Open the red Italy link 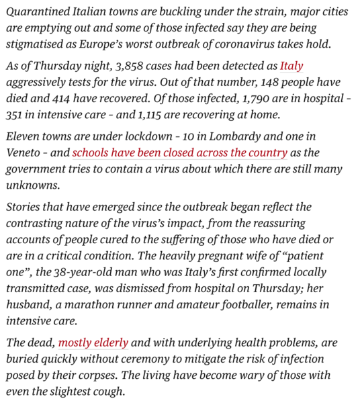pos(291,67)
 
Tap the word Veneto pos(24,152)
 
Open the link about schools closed pos(180,152)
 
